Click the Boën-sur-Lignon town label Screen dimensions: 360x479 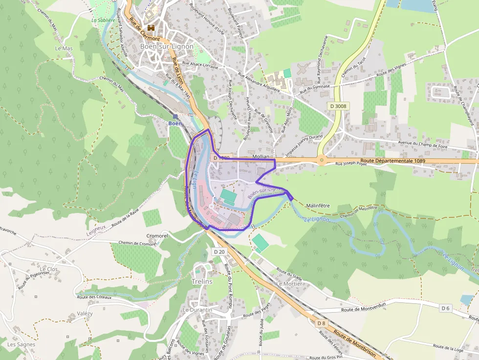tap(167, 46)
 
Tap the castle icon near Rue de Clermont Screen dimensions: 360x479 tap(151, 28)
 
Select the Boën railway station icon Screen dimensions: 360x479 tap(175, 116)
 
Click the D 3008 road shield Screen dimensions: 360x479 tap(338, 106)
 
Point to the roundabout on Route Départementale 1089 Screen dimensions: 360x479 tap(322, 159)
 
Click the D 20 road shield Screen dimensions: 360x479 tap(219, 252)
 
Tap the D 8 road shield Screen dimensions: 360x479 tap(321, 323)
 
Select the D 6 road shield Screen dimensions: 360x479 tap(445, 308)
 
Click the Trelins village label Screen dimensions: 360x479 tap(202, 282)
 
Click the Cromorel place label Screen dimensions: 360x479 tap(157, 236)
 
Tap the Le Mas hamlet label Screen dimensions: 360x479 tap(64, 49)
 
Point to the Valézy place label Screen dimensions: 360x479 tap(85, 314)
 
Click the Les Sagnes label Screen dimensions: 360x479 tap(22, 344)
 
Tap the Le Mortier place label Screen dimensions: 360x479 tap(289, 284)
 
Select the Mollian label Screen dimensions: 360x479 tap(261, 156)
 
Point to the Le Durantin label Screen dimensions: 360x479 tap(197, 310)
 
